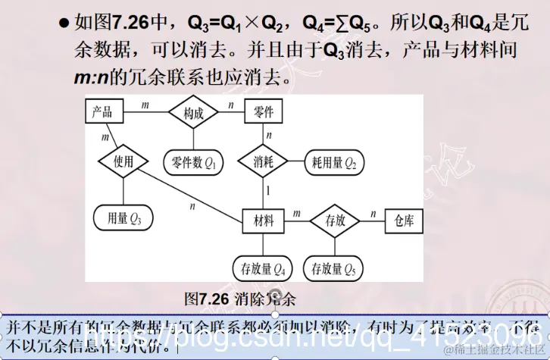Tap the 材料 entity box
coord(264,221)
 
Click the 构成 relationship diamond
coord(193,114)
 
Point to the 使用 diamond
coord(123,161)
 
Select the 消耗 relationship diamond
coord(264,161)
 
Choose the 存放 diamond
coord(335,221)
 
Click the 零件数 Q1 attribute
coord(194,162)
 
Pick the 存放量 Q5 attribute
coord(334,268)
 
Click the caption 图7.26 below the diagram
coord(206,299)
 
